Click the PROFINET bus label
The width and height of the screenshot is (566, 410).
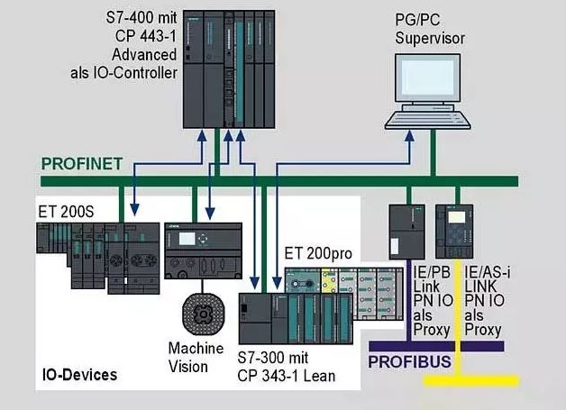click(82, 164)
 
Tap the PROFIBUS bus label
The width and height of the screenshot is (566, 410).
click(409, 361)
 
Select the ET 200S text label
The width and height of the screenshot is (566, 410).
click(66, 212)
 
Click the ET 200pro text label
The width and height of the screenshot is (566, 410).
click(318, 253)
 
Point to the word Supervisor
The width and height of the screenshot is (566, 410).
click(430, 38)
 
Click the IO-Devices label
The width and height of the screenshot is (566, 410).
click(80, 375)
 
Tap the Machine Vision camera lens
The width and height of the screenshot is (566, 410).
click(203, 314)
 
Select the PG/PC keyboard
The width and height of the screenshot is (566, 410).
click(427, 120)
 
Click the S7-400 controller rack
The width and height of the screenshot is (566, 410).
click(229, 69)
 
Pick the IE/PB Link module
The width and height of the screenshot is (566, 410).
click(406, 232)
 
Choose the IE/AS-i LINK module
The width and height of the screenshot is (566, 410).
click(454, 232)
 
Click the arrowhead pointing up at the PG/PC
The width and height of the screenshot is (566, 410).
click(409, 136)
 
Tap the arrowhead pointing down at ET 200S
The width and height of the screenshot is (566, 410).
click(134, 209)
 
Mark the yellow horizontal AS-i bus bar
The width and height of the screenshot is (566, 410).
click(471, 381)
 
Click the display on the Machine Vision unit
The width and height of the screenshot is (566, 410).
click(187, 239)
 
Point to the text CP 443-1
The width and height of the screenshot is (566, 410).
click(146, 36)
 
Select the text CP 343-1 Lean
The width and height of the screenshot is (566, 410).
click(287, 376)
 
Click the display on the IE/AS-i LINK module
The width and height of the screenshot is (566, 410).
click(457, 217)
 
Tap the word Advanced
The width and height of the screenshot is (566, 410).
click(144, 54)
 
